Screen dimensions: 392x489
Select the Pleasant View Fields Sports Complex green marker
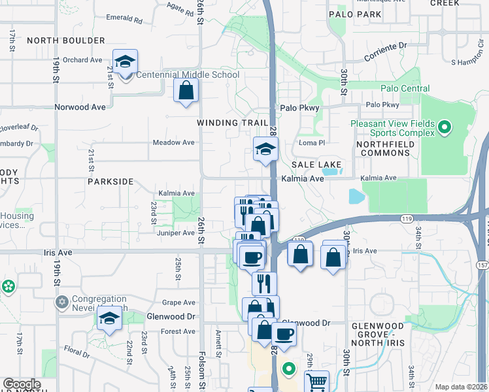pyautogui.click(x=445, y=127)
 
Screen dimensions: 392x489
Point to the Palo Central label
pyautogui.click(x=405, y=88)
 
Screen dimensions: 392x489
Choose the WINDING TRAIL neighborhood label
pyautogui.click(x=233, y=123)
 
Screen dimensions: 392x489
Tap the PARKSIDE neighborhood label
pyautogui.click(x=110, y=182)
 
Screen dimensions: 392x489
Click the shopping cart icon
pyautogui.click(x=316, y=381)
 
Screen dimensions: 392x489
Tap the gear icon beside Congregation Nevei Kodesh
pyautogui.click(x=62, y=302)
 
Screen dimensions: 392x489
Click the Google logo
pyautogui.click(x=22, y=384)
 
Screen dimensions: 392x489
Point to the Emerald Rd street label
pyautogui.click(x=124, y=20)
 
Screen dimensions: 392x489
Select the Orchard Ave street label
pyautogui.click(x=83, y=60)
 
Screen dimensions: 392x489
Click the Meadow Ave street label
pyautogui.click(x=173, y=142)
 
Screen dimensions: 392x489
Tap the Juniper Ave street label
pyautogui.click(x=175, y=233)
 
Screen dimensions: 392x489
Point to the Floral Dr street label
pyautogui.click(x=76, y=354)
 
